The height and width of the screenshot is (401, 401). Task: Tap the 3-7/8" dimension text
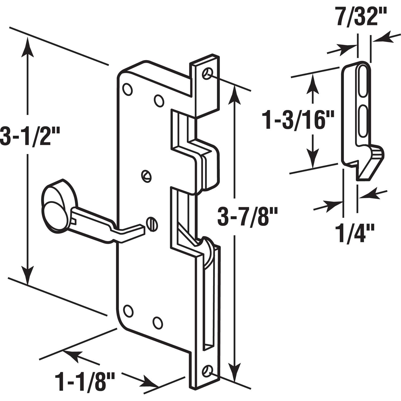pyautogui.click(x=248, y=217)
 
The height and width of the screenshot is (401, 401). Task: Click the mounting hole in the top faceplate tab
pyautogui.click(x=207, y=73)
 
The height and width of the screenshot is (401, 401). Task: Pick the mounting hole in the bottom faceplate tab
pyautogui.click(x=207, y=371)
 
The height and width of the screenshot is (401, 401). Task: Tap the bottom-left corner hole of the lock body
pyautogui.click(x=128, y=311)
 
